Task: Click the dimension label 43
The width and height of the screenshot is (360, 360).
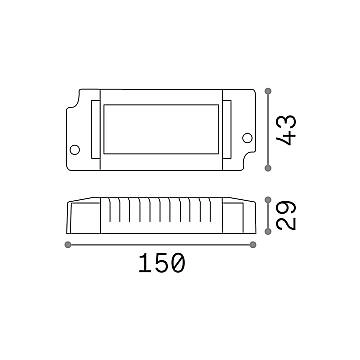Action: tap(287, 130)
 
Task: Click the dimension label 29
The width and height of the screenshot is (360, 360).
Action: tap(287, 215)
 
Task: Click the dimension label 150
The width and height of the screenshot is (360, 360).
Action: tap(161, 263)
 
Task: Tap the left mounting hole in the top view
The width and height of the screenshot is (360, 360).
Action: tap(75, 150)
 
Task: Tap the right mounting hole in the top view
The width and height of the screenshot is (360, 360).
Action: tap(247, 138)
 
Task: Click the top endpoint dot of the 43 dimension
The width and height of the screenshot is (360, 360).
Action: tap(268, 91)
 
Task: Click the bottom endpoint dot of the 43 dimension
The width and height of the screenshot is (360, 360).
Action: tap(268, 168)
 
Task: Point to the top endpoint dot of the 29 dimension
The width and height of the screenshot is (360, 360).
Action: tap(268, 200)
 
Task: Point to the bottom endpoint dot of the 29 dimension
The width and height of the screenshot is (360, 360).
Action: tap(268, 231)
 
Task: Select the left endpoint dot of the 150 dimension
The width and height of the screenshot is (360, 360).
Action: tap(68, 245)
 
